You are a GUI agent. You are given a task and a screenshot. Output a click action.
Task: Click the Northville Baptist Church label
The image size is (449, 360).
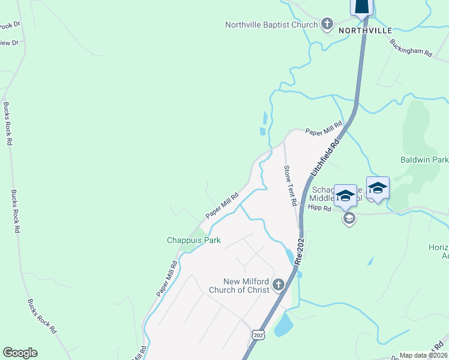click(x=271, y=25)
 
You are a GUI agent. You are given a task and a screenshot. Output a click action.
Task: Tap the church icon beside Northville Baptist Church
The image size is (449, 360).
click(x=327, y=25)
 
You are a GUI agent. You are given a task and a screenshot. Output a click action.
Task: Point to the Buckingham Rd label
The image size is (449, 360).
click(x=411, y=48)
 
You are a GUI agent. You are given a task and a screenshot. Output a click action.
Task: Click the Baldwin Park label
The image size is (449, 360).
click(x=424, y=160)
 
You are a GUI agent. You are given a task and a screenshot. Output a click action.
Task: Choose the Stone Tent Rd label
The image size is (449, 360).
click(x=291, y=186)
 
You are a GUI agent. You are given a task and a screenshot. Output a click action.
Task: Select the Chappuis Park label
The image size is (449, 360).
click(x=193, y=240)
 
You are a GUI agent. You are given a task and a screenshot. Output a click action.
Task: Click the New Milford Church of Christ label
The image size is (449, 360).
click(x=239, y=286)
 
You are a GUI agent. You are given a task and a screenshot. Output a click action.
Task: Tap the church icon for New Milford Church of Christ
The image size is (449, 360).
click(x=278, y=284)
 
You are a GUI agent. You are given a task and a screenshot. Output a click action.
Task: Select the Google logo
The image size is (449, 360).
click(x=20, y=353)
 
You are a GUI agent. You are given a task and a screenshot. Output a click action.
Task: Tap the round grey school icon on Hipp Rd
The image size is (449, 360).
click(x=349, y=218)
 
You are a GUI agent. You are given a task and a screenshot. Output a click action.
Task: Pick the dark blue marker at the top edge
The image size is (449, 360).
click(x=362, y=7)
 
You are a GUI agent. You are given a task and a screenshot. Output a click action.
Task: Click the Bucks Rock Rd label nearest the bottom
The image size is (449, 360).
click(x=43, y=317)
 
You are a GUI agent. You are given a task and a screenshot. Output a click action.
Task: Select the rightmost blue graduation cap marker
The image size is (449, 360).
click(x=378, y=187)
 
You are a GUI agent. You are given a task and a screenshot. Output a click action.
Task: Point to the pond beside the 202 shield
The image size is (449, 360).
click(x=283, y=325)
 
